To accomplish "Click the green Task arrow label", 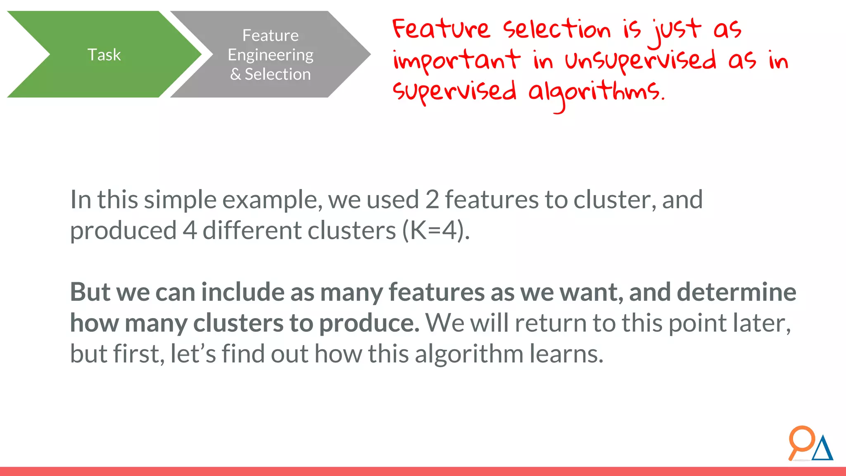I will coord(104,55).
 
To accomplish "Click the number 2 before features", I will coord(432,200).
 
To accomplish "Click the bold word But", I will coord(90,292).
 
